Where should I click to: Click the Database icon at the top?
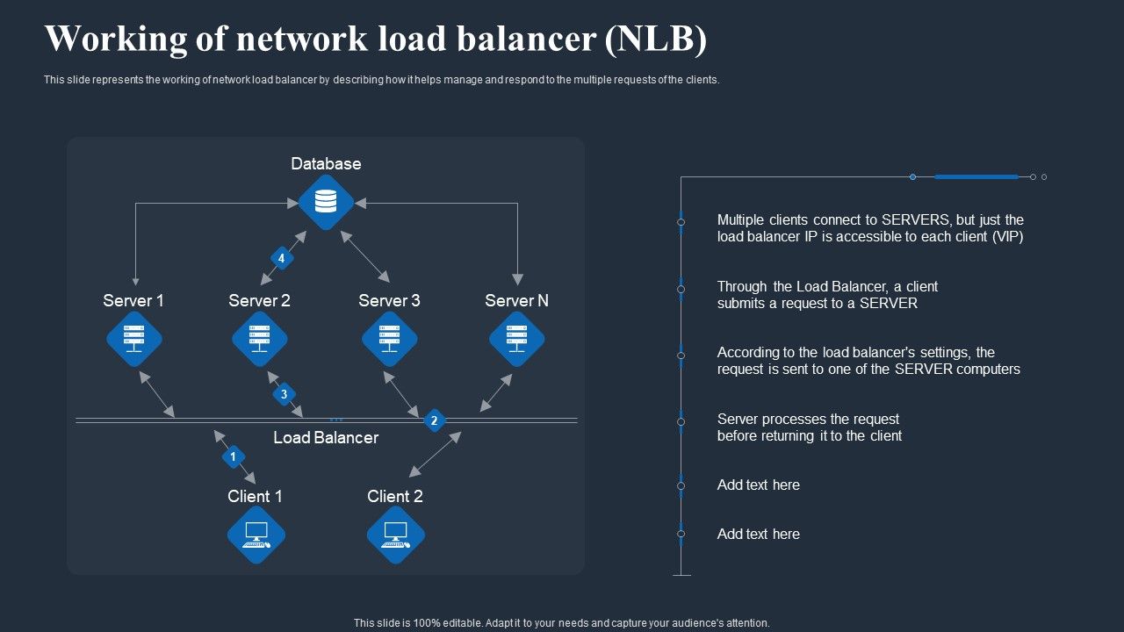(326, 202)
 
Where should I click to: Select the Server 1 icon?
(134, 339)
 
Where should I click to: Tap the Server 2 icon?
(260, 339)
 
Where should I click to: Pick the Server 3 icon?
(389, 339)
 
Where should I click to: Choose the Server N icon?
(516, 339)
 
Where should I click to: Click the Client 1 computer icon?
(256, 535)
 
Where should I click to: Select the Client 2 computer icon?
(396, 535)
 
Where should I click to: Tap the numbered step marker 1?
(234, 456)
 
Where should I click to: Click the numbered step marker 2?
(434, 421)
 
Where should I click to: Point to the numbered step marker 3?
(284, 394)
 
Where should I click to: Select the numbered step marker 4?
(281, 258)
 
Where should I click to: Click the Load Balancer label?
(326, 437)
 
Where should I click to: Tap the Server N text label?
(516, 300)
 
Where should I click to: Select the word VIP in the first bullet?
(1005, 237)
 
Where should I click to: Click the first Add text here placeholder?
(758, 485)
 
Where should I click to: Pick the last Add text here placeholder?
(758, 534)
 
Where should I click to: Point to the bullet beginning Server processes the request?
(809, 427)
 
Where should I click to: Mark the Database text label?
(326, 164)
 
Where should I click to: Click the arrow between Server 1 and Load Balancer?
(157, 394)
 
